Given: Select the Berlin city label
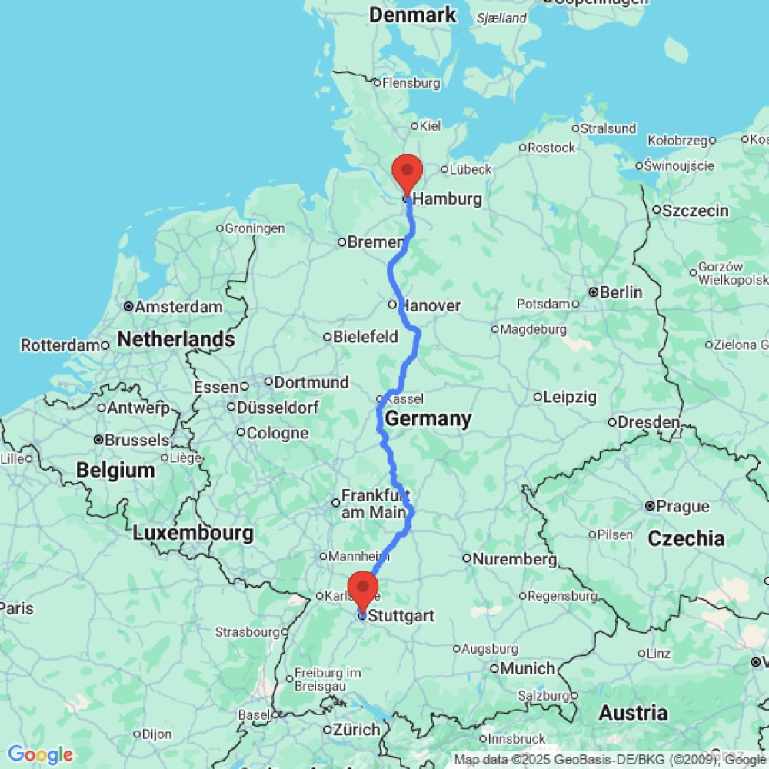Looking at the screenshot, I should [620, 292].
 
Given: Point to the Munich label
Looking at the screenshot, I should [528, 668].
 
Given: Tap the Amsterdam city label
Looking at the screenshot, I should [178, 307].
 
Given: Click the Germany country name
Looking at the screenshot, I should [428, 419].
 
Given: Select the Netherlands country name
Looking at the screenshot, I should [176, 339].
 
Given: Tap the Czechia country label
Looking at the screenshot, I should [686, 538].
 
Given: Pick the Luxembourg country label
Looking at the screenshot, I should [192, 532].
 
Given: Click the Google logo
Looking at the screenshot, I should [39, 755].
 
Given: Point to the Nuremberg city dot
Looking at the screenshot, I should [467, 558].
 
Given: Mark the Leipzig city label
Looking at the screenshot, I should [570, 398].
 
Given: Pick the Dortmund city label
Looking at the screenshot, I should [311, 382].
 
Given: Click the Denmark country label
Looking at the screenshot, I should [413, 14].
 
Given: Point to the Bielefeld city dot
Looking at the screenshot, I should [327, 337].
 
